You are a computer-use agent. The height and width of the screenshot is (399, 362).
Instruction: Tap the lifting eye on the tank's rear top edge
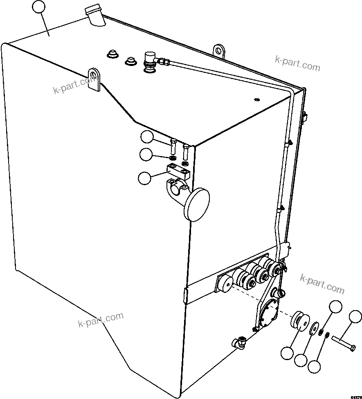tap(219, 50)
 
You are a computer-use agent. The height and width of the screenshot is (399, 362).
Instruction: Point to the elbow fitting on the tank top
tap(150, 60)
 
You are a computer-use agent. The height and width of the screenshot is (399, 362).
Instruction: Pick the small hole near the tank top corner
tap(256, 99)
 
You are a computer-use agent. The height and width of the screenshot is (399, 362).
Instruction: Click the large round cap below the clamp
tap(197, 204)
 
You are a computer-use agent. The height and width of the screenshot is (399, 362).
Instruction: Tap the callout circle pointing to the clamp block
tap(144, 178)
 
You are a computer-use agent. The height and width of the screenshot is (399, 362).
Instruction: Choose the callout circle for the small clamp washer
tap(146, 155)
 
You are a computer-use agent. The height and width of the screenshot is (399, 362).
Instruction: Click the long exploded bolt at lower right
tap(344, 342)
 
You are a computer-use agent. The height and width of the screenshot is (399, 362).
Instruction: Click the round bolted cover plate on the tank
tap(268, 314)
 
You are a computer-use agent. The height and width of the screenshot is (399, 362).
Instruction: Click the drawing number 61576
tap(355, 394)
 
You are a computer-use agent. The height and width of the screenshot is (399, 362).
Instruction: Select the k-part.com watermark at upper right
tap(297, 63)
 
